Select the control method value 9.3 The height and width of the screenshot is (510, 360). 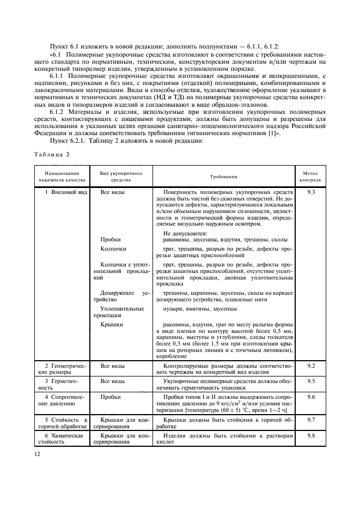310,193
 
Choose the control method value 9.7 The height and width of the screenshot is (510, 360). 310,421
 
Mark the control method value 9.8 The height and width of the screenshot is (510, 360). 310,436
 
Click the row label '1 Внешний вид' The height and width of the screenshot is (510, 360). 66,193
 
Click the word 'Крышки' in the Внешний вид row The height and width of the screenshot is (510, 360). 112,325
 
